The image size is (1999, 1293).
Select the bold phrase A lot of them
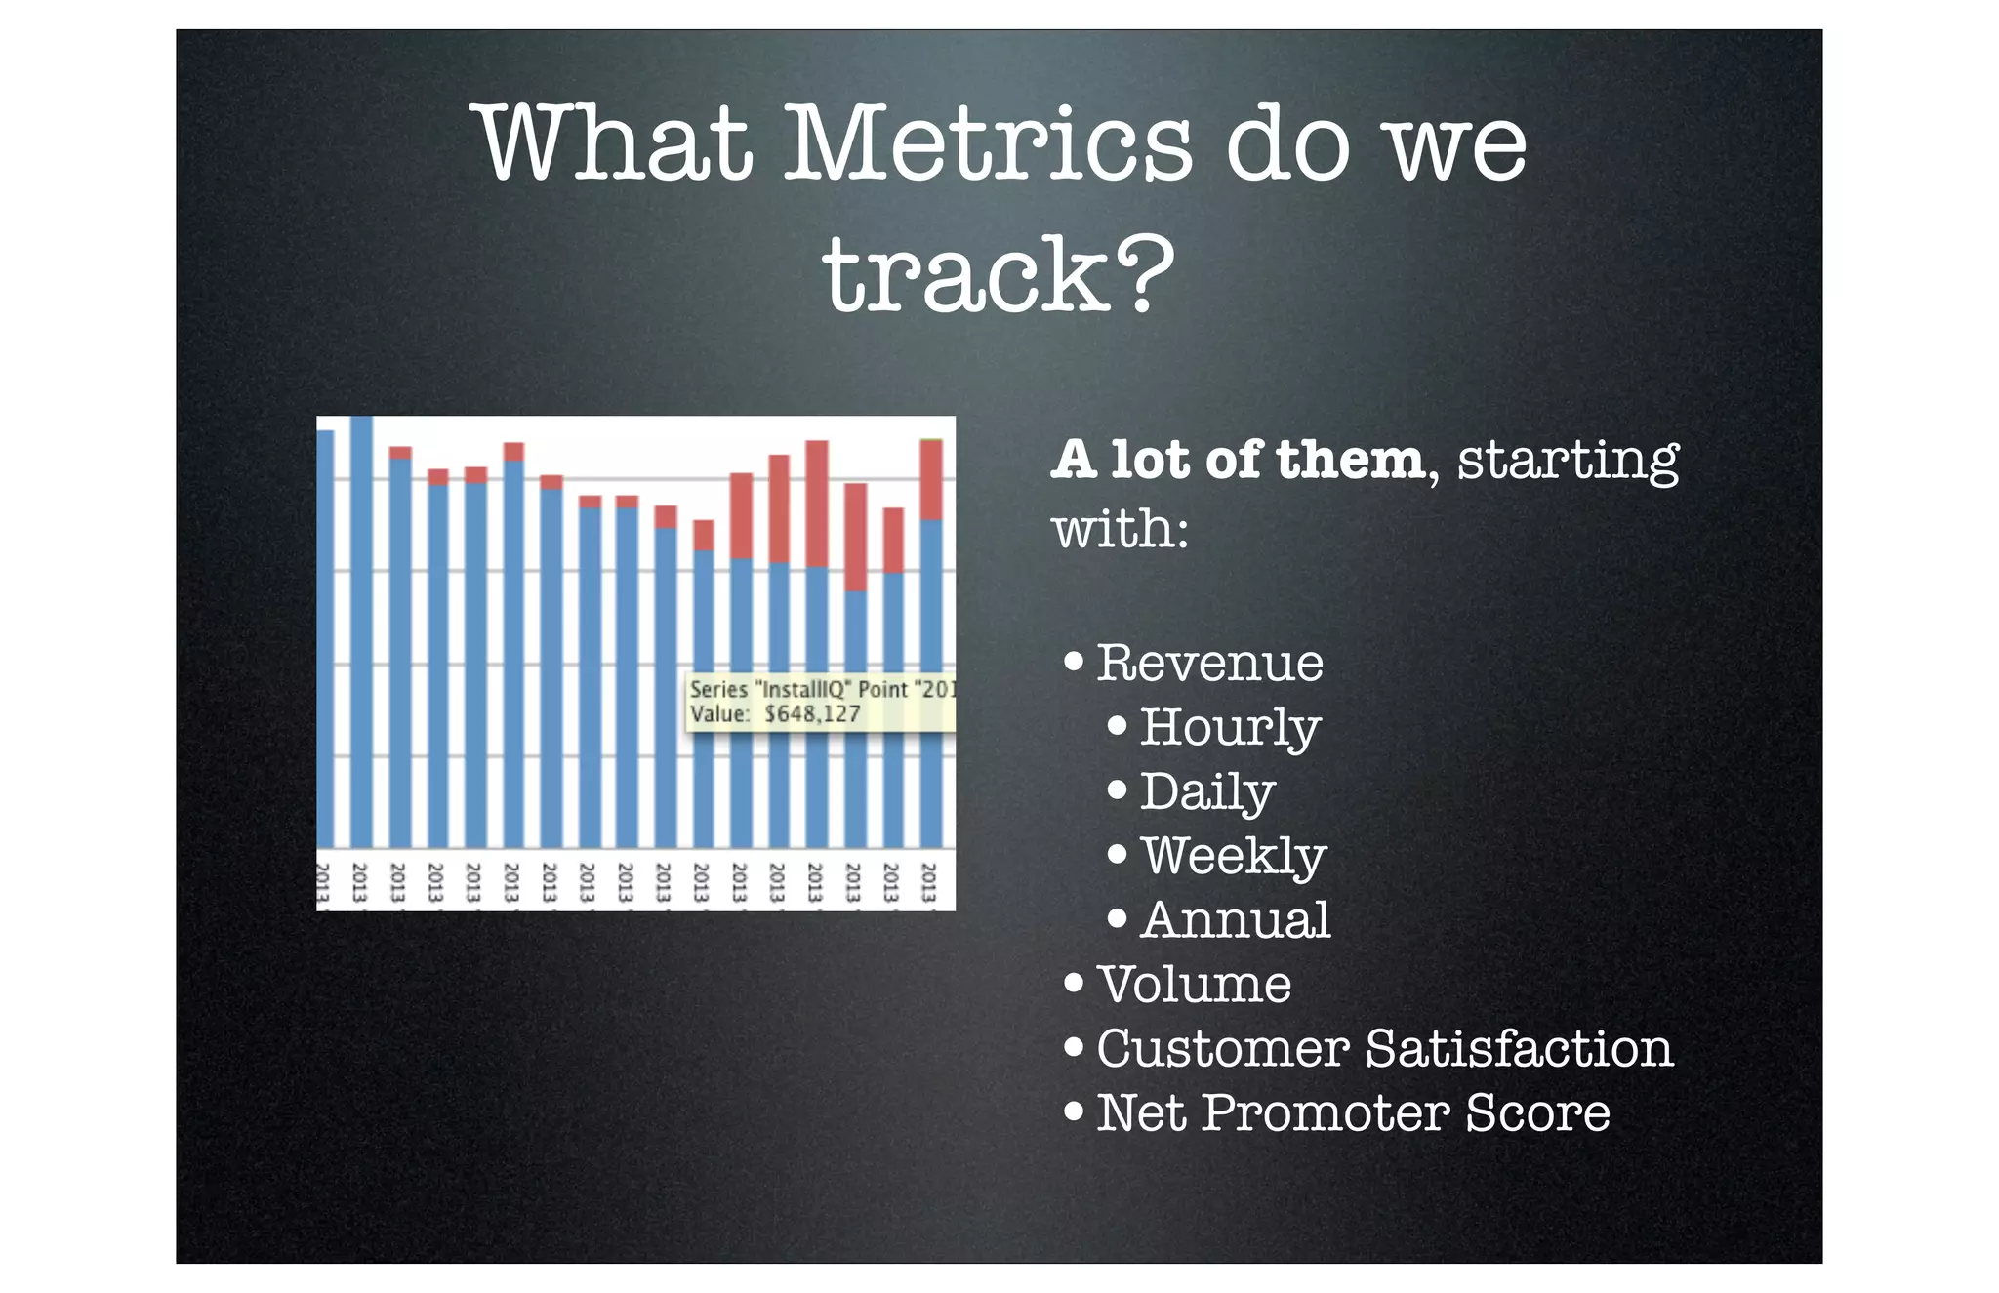click(1238, 460)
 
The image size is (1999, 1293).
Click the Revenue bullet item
click(1209, 664)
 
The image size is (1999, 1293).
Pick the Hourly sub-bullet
click(1230, 728)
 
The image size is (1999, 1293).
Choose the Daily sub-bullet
click(1207, 792)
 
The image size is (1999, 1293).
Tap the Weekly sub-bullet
click(1233, 857)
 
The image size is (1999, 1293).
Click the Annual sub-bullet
click(1235, 921)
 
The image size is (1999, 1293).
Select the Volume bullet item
click(1194, 985)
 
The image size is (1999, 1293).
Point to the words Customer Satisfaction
click(1384, 1049)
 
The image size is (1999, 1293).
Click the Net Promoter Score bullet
click(1352, 1113)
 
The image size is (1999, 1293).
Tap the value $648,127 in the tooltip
click(812, 714)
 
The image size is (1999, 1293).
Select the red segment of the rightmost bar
click(931, 480)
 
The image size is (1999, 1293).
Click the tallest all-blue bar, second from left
click(361, 634)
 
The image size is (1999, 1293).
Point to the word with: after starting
click(1120, 530)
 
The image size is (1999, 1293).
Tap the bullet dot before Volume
click(1074, 983)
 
